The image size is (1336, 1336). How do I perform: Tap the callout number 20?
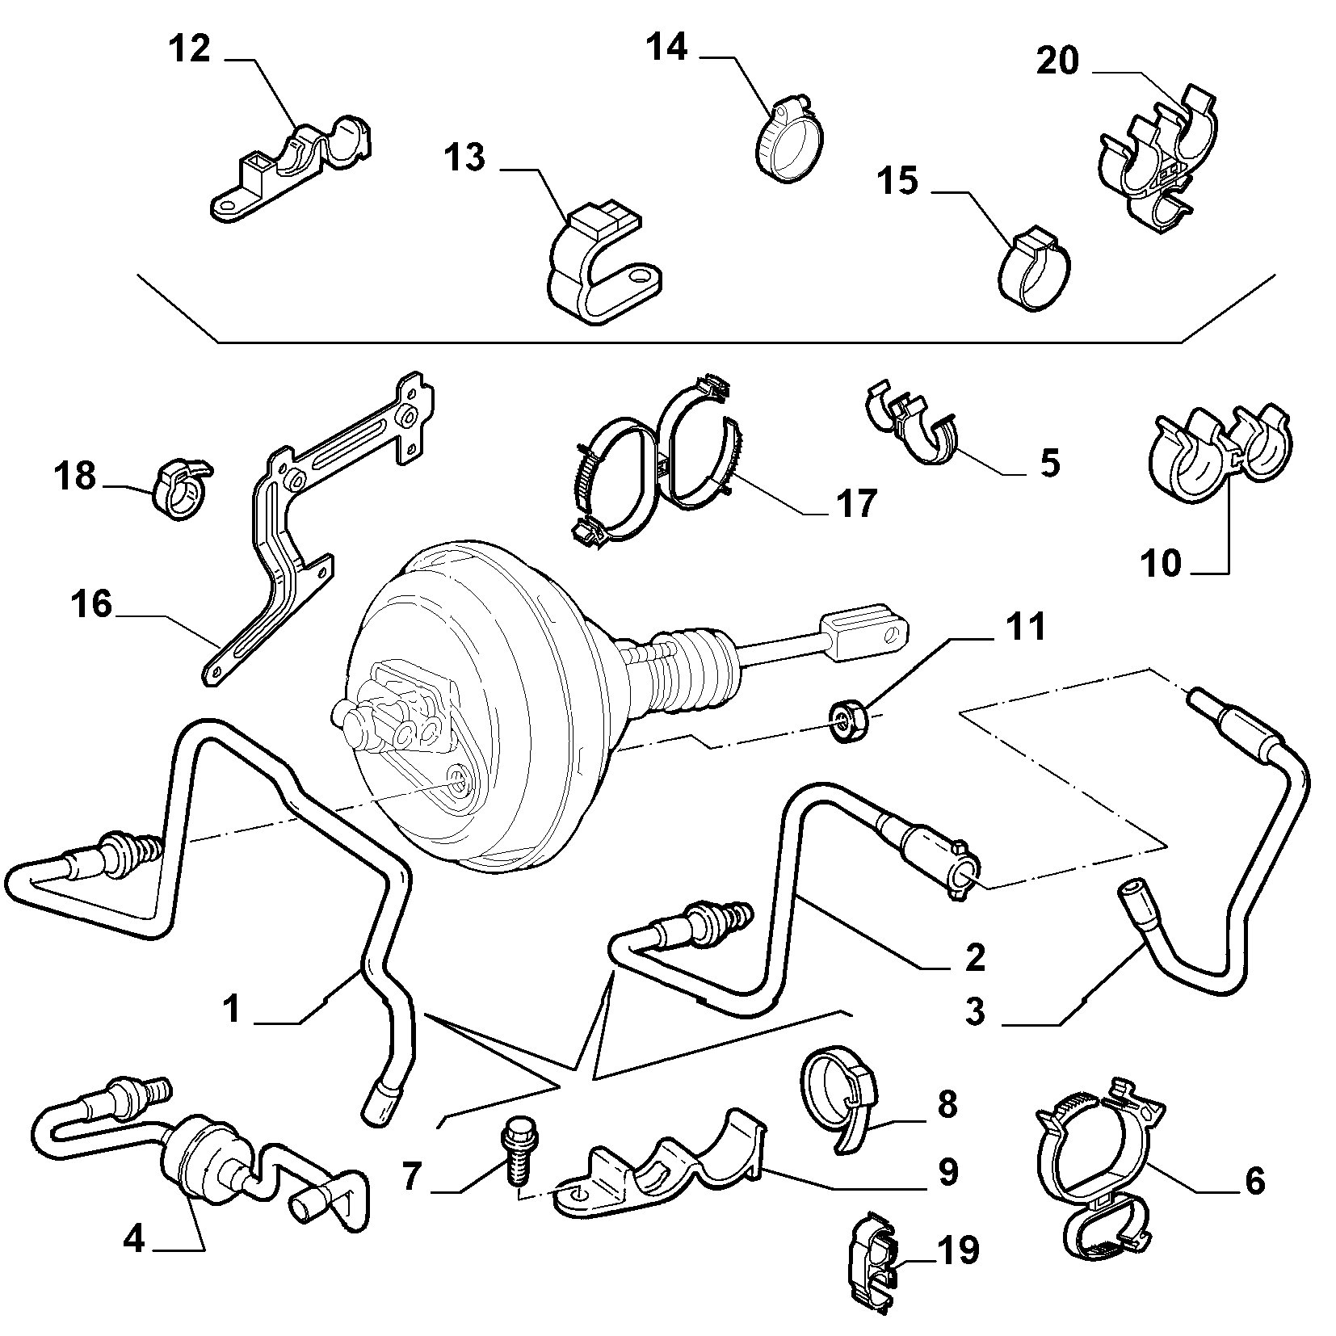click(x=1058, y=62)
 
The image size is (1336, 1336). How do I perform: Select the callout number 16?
click(x=90, y=603)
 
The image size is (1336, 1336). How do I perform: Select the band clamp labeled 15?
click(x=1033, y=270)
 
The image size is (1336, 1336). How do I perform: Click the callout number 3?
click(x=975, y=1010)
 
